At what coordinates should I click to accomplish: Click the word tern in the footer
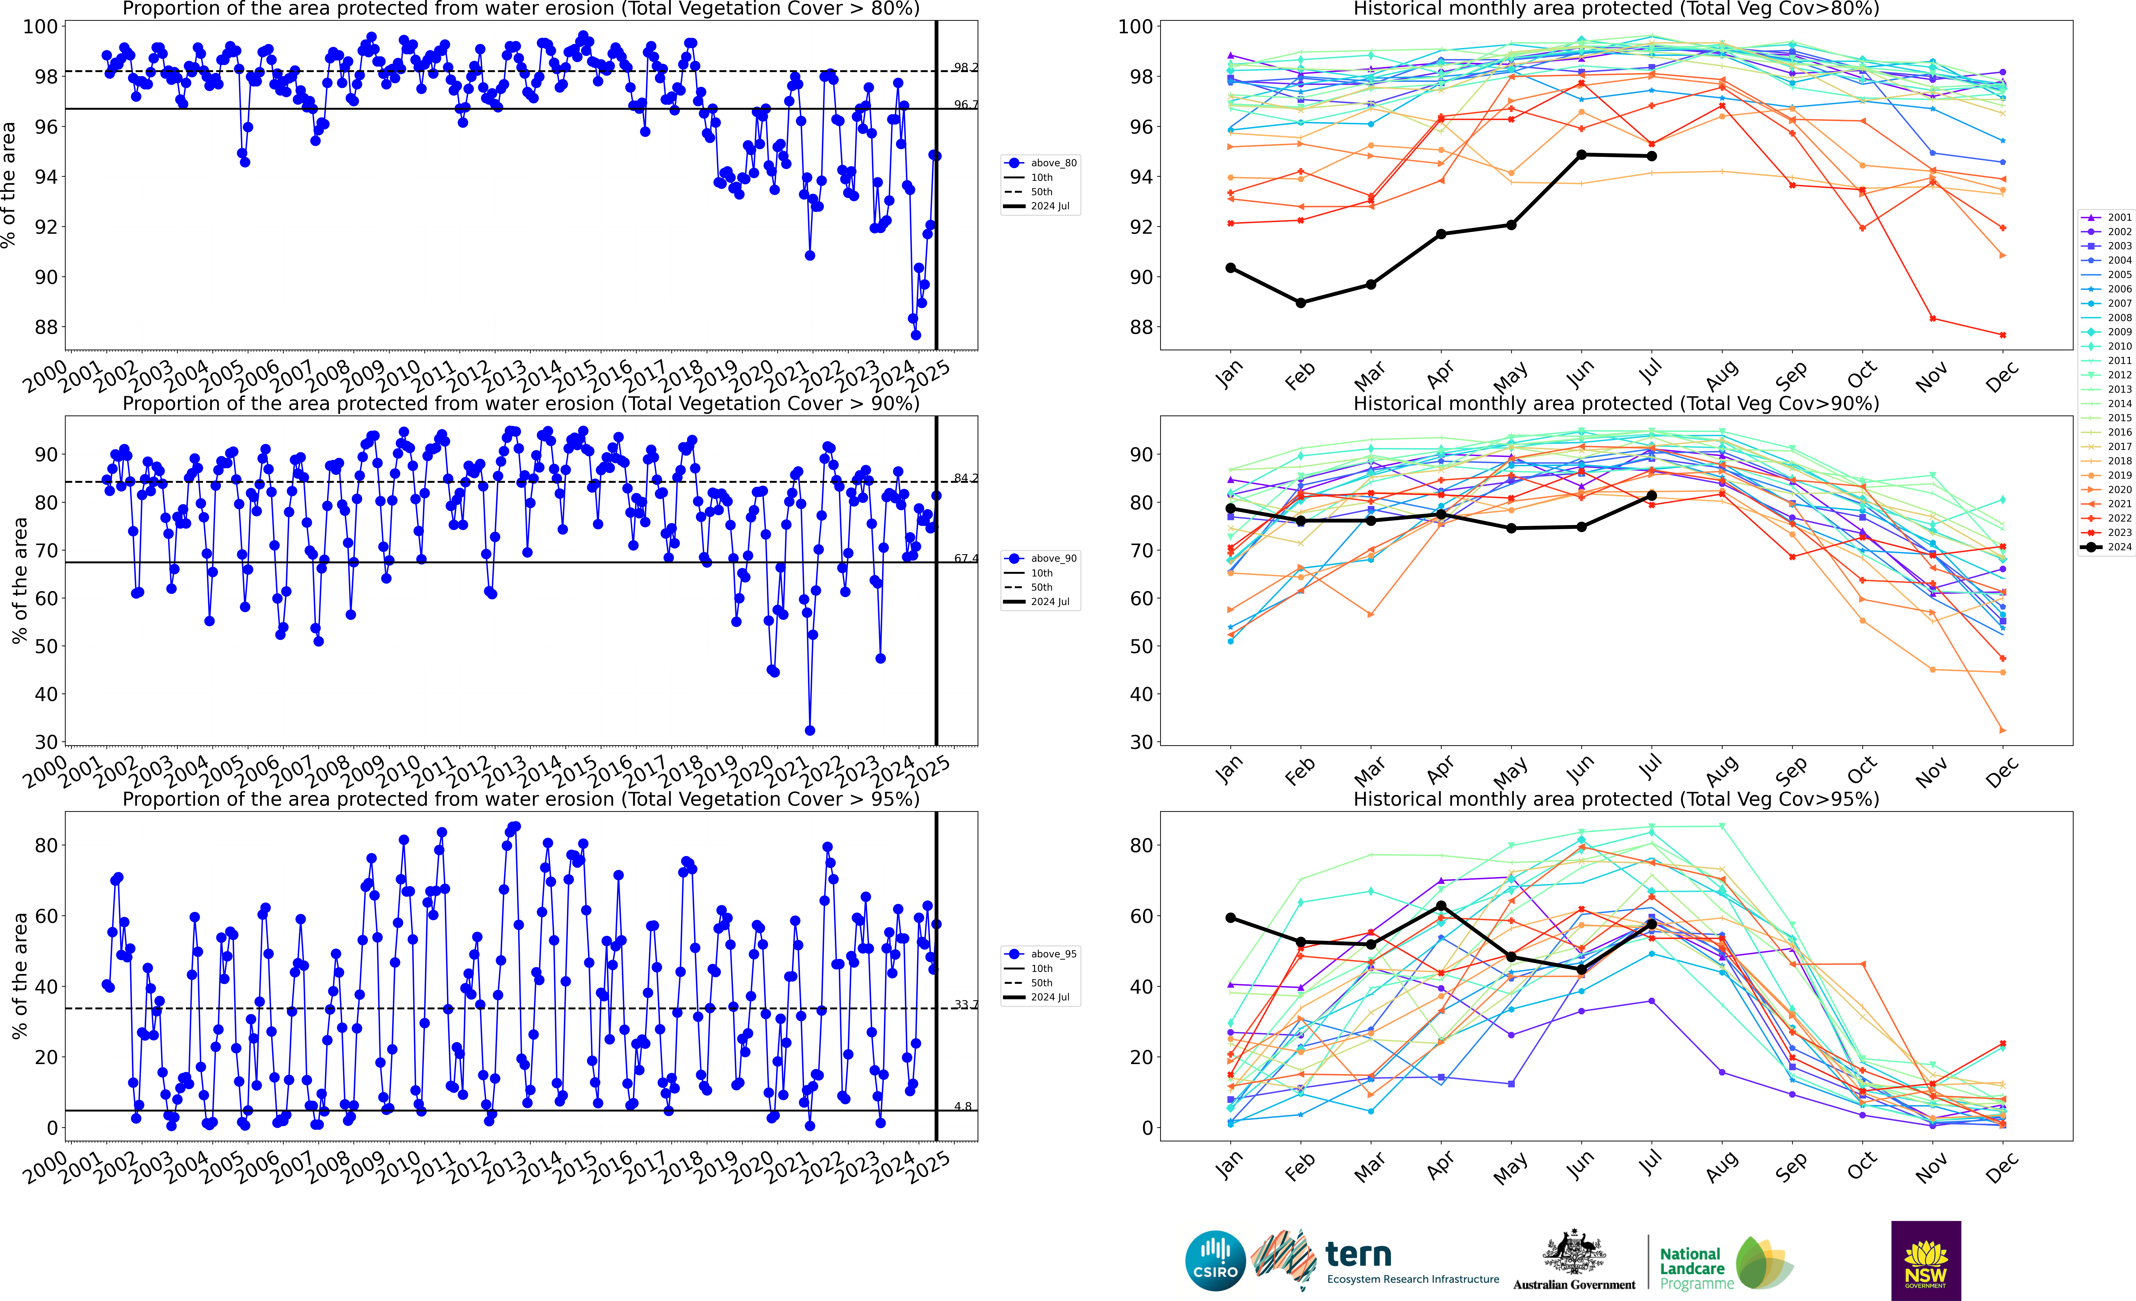click(1358, 1254)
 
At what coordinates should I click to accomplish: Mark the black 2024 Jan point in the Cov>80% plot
click(1230, 268)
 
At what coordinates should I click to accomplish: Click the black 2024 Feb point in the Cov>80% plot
click(1300, 303)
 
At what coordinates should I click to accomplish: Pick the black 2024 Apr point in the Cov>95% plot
click(1441, 906)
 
